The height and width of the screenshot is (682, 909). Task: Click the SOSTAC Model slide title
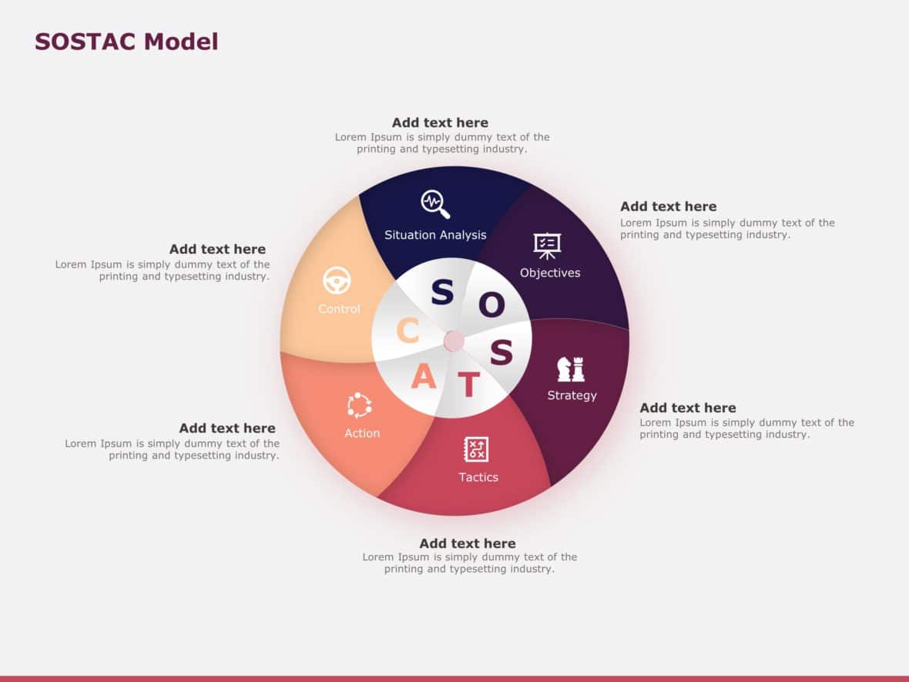click(x=126, y=42)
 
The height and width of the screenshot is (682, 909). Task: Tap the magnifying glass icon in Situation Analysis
click(x=435, y=204)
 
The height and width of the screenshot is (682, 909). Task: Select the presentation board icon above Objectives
click(x=548, y=245)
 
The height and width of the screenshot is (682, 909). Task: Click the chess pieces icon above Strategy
click(x=571, y=369)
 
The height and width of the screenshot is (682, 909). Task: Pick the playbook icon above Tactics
click(x=476, y=449)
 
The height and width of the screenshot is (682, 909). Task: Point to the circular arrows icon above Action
click(x=360, y=405)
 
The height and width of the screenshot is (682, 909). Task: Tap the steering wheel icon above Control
click(x=337, y=281)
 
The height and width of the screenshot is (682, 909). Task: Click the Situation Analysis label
click(x=435, y=235)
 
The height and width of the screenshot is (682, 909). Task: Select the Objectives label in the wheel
click(x=550, y=273)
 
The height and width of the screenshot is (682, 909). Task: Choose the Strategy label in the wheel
click(x=572, y=395)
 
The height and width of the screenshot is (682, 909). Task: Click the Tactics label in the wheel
click(x=478, y=477)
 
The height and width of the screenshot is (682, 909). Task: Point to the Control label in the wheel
click(x=339, y=309)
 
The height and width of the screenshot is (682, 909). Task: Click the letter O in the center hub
click(x=491, y=305)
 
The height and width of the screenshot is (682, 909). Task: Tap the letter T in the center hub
click(x=468, y=384)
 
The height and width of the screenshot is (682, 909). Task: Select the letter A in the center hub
click(x=423, y=378)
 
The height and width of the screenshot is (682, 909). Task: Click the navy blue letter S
click(x=442, y=293)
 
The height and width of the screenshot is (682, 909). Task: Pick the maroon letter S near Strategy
click(x=501, y=352)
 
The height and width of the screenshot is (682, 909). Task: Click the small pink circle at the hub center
click(x=454, y=341)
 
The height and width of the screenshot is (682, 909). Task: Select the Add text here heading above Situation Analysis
click(x=440, y=123)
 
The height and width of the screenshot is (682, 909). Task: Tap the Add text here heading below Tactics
click(x=468, y=543)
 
